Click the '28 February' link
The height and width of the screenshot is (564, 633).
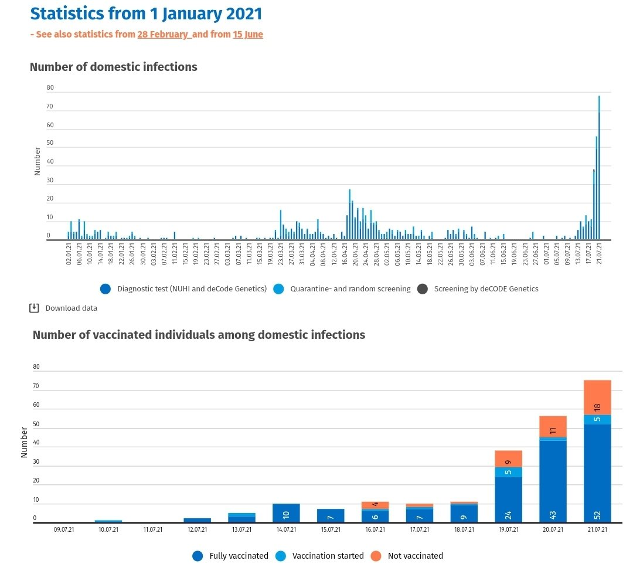164,35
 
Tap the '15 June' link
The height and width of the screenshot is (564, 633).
248,35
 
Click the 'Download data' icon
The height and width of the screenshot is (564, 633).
34,308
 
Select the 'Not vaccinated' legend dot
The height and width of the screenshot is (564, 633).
377,555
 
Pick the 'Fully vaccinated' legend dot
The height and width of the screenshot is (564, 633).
198,555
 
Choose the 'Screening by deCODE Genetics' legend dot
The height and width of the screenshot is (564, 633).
423,288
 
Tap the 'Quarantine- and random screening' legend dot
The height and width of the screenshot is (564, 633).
278,288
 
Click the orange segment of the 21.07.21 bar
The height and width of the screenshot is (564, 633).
597,397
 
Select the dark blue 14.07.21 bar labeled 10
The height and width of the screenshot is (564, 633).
286,514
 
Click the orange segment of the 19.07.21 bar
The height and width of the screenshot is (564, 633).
508,458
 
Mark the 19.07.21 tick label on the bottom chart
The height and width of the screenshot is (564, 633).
508,530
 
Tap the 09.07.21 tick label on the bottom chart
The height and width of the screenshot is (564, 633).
64,530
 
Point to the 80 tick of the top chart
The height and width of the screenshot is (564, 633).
50,88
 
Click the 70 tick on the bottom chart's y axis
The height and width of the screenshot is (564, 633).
36,386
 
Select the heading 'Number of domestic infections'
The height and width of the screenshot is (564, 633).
114,67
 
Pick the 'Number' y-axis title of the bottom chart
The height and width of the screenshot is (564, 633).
25,443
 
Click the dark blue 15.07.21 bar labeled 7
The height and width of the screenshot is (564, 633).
331,516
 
